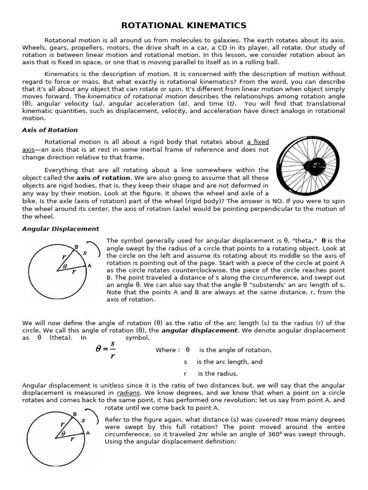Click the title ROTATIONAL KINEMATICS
pos(184,25)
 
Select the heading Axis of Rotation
pos(50,130)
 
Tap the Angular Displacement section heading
pos(60,229)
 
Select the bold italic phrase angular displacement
pos(199,330)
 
